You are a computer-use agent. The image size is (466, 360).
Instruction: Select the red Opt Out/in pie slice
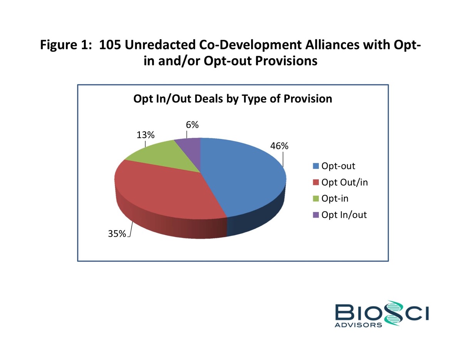click(x=162, y=189)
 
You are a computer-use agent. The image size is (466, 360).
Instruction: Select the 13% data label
click(x=145, y=135)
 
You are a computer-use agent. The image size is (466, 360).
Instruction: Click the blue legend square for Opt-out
click(x=316, y=166)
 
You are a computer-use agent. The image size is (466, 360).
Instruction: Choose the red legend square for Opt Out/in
click(x=316, y=183)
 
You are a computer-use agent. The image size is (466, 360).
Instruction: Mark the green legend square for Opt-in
click(x=316, y=199)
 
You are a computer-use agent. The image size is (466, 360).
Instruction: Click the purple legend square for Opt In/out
click(x=316, y=215)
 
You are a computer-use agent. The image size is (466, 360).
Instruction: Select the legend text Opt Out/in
click(x=344, y=183)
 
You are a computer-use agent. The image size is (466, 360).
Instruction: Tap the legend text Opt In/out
click(x=344, y=215)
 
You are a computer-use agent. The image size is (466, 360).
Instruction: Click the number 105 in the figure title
click(x=110, y=45)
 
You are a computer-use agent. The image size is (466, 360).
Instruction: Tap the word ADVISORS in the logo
click(x=359, y=325)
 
